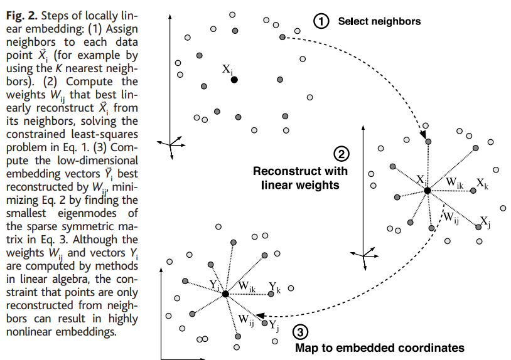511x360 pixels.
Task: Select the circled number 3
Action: [x=301, y=332]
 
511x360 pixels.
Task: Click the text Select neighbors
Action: [x=379, y=21]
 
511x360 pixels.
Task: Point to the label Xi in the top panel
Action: [x=228, y=69]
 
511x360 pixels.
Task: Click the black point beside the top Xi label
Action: [x=234, y=80]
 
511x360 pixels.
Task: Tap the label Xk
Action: [x=482, y=183]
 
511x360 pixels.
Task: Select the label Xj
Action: [x=485, y=221]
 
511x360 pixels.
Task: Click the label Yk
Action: [x=274, y=287]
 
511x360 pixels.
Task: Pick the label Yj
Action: [x=274, y=325]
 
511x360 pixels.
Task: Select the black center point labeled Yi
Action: [x=225, y=294]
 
